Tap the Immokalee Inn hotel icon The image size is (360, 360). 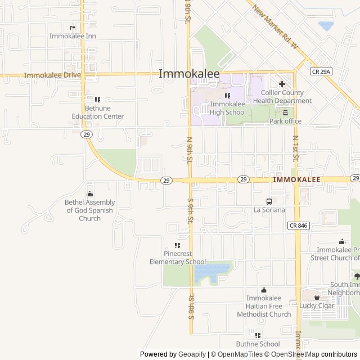click(73, 28)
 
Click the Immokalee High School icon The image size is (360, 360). click(227, 96)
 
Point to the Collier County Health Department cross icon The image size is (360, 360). click(282, 84)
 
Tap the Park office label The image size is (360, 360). click(285, 121)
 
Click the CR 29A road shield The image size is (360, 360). click(321, 71)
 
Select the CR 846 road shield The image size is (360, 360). click(299, 225)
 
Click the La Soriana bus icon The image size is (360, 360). click(269, 201)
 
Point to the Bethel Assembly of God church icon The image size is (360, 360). click(89, 193)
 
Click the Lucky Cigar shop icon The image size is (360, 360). click(317, 297)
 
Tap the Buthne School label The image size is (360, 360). click(258, 344)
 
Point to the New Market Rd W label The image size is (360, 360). click(274, 26)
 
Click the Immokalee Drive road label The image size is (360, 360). click(52, 75)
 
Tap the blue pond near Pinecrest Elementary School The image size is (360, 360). click(211, 272)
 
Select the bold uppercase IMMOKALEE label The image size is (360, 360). click(296, 179)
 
